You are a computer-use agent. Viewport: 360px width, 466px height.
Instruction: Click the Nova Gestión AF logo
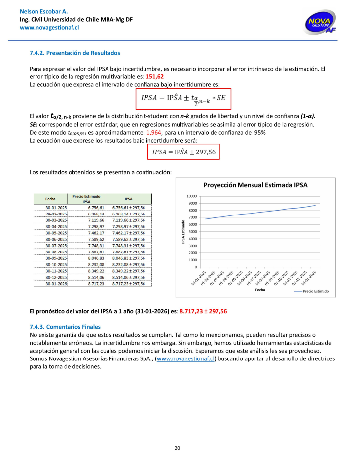(x=322, y=23)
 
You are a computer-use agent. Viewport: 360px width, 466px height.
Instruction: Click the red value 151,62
(x=155, y=77)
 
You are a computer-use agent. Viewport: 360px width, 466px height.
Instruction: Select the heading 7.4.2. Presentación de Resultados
(x=75, y=53)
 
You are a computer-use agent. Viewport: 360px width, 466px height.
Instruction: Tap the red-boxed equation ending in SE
(x=183, y=99)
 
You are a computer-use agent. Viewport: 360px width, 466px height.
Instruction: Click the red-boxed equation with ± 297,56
(x=184, y=152)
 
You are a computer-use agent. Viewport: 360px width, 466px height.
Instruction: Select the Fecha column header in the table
(x=50, y=199)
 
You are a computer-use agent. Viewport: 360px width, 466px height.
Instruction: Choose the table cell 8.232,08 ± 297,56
(x=129, y=264)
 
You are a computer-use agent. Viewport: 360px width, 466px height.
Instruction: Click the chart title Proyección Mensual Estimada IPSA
(x=255, y=185)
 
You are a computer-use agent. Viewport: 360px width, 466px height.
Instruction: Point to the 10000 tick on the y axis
(x=191, y=196)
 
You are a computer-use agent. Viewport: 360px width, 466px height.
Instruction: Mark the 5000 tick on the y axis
(x=192, y=232)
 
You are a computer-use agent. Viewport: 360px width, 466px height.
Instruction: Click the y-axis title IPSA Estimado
(x=183, y=232)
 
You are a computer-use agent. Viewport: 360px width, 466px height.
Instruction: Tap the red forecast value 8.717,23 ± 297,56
(x=203, y=311)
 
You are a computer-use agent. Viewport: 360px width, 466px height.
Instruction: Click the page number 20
(x=177, y=447)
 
